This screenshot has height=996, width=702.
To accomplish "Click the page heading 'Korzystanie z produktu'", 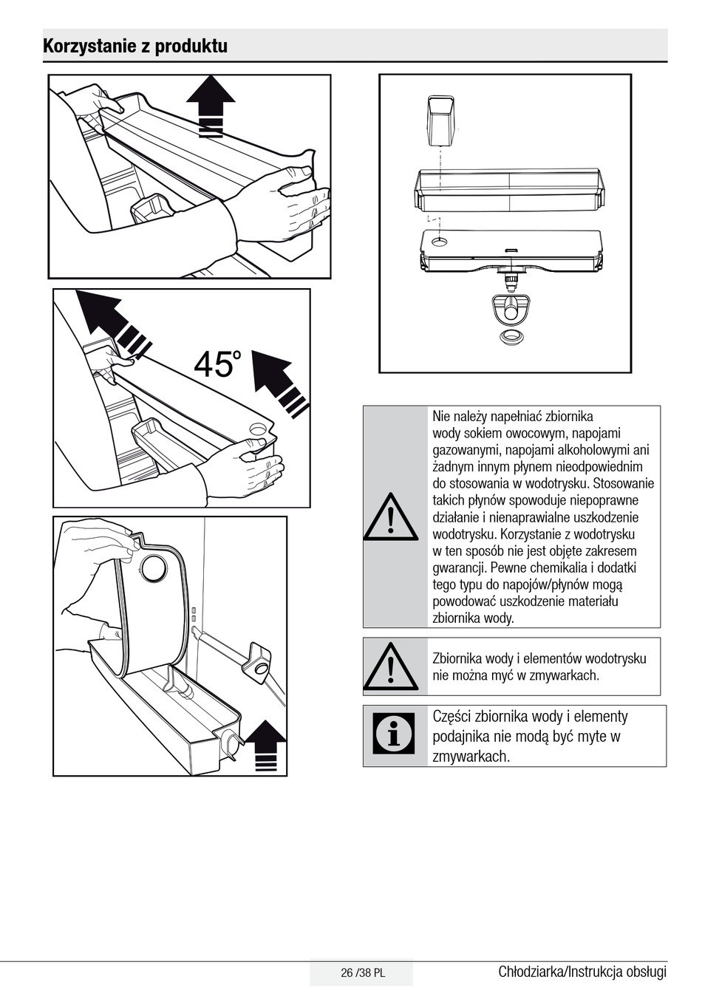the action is (x=135, y=47).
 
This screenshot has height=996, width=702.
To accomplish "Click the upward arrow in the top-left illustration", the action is (x=211, y=106).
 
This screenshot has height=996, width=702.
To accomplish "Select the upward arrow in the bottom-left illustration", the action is (x=266, y=746).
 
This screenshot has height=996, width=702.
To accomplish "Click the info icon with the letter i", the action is (x=394, y=734).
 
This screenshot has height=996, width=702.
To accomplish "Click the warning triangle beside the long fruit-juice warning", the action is (x=391, y=516).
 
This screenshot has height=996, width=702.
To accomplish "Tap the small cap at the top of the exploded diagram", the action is (x=441, y=121).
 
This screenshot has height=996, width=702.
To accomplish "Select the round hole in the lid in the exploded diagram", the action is (x=440, y=242).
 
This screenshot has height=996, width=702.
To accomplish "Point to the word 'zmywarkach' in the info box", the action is (x=471, y=757).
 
